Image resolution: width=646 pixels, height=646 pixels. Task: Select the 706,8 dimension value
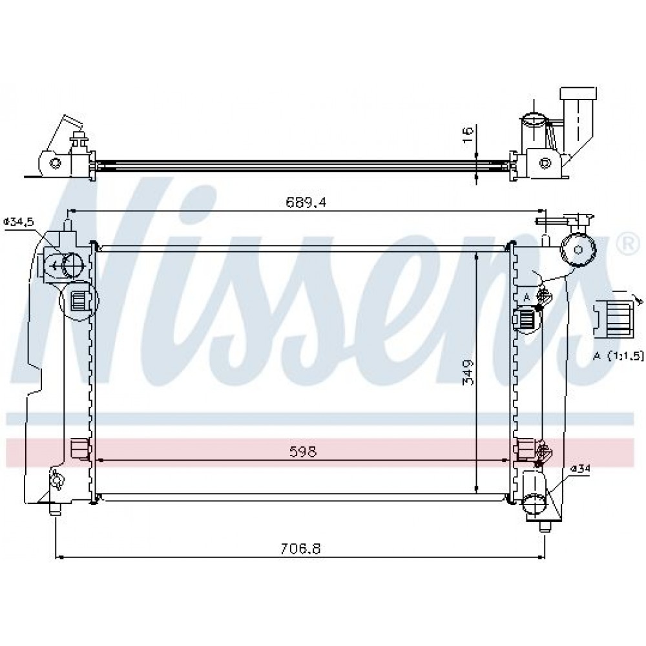(x=300, y=548)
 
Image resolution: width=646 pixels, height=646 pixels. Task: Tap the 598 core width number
(x=303, y=452)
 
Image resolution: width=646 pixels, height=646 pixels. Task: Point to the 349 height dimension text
(x=468, y=373)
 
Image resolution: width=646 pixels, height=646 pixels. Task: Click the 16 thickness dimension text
(x=468, y=135)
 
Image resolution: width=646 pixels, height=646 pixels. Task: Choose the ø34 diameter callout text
(x=581, y=468)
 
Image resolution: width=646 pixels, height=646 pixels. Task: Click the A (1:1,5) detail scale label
(x=618, y=356)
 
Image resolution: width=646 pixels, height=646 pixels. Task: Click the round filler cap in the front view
(x=578, y=249)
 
